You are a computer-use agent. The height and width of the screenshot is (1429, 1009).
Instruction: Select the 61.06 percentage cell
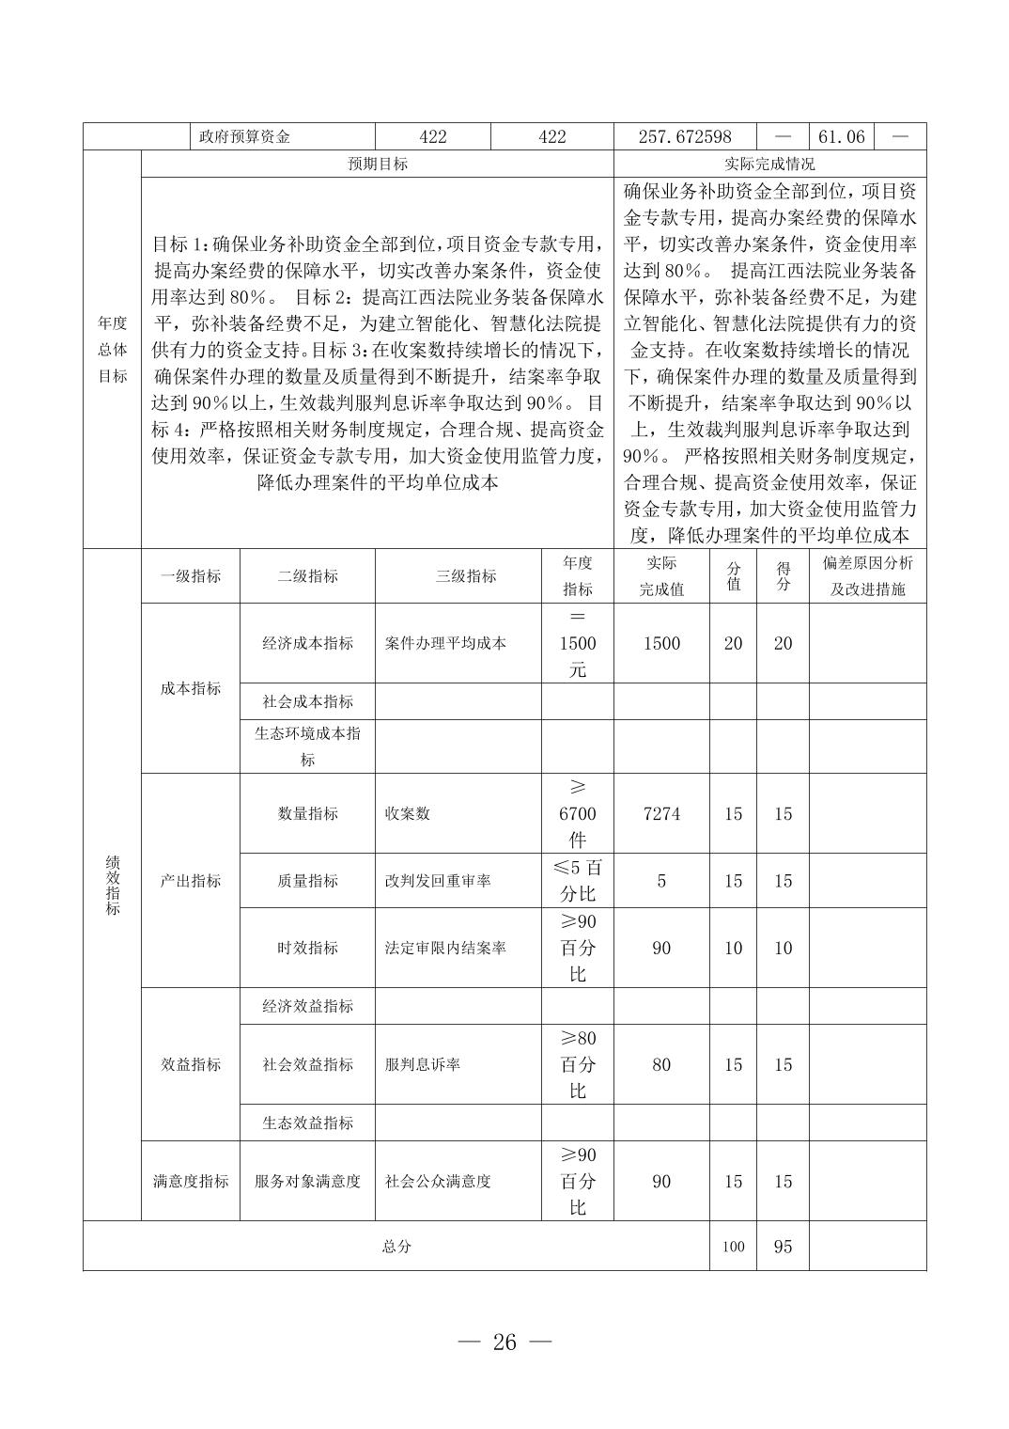[x=841, y=136]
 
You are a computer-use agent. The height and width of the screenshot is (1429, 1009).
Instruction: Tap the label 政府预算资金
[x=244, y=136]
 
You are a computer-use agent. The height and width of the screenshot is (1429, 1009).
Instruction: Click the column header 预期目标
[x=378, y=164]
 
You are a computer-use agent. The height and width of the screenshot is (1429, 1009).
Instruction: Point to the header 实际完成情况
[x=769, y=164]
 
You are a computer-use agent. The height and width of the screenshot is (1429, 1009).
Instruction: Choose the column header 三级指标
[x=466, y=576]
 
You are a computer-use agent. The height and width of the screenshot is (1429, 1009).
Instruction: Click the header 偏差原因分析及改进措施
[x=867, y=576]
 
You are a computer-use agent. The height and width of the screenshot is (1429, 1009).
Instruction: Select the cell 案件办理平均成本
[x=445, y=644]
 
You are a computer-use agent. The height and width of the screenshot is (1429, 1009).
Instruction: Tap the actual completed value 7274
[x=661, y=814]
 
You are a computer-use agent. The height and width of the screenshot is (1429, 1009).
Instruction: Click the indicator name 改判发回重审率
[x=438, y=881]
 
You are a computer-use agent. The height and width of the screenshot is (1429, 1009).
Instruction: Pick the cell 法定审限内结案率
[x=445, y=948]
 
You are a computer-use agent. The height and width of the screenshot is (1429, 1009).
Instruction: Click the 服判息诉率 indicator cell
[x=423, y=1065]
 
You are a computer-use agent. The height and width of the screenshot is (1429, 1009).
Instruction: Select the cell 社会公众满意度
[x=438, y=1182]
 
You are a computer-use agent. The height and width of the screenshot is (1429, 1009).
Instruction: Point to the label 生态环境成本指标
[x=307, y=746]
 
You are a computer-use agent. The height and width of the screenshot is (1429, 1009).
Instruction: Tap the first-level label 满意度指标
[x=191, y=1182]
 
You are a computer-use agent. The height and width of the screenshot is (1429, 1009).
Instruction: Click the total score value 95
[x=783, y=1247]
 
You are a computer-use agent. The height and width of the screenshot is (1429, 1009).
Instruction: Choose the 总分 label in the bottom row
[x=396, y=1247]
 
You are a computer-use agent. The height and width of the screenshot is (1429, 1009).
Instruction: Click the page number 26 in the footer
[x=504, y=1343]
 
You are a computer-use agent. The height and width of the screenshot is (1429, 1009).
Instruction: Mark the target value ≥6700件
[x=578, y=814]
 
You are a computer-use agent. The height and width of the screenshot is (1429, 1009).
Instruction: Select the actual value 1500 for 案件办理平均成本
[x=661, y=644]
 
